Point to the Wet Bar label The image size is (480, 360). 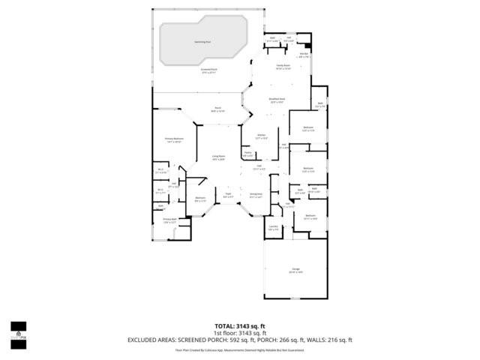(x=304, y=55)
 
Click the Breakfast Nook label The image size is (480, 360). (x=277, y=100)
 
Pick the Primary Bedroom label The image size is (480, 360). (x=174, y=140)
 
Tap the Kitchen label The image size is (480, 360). (x=261, y=137)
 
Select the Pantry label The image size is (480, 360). (x=247, y=154)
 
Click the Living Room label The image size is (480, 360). (x=218, y=158)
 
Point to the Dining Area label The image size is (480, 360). (x=256, y=196)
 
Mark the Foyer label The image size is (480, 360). (x=228, y=196)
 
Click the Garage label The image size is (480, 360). (x=295, y=271)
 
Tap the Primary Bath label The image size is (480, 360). (x=169, y=221)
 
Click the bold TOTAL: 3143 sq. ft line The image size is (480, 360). (x=240, y=326)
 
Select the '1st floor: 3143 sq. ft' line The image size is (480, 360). (x=240, y=333)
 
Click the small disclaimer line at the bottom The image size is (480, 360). (x=240, y=349)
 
